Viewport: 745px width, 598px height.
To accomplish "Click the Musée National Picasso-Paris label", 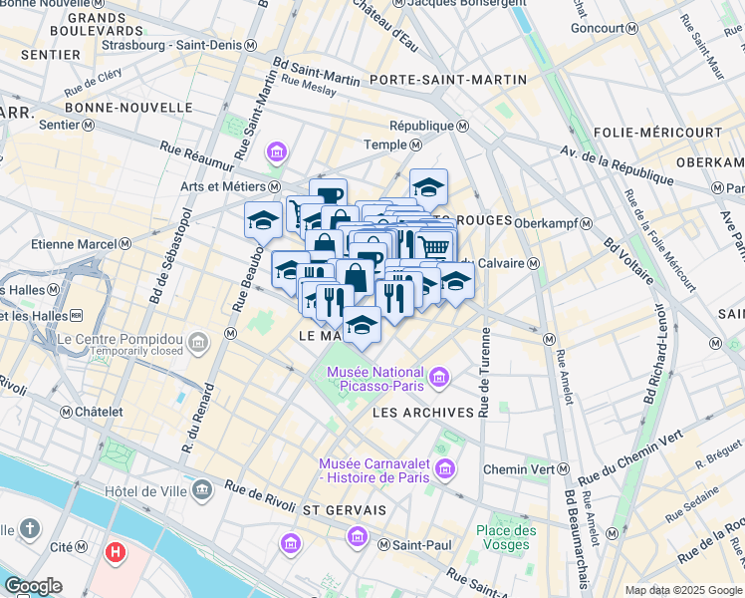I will (x=375, y=379).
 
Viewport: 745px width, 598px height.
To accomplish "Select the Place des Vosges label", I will (x=505, y=537).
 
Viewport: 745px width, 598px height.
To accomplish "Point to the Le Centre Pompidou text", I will (x=120, y=338).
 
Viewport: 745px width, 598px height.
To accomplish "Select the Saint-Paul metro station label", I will (x=416, y=544).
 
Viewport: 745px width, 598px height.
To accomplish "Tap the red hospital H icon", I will (x=117, y=550).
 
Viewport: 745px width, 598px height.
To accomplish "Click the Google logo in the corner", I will (x=33, y=585).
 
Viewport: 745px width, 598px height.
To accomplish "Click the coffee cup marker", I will (x=328, y=194).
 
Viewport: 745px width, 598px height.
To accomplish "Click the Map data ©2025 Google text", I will (x=683, y=590).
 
